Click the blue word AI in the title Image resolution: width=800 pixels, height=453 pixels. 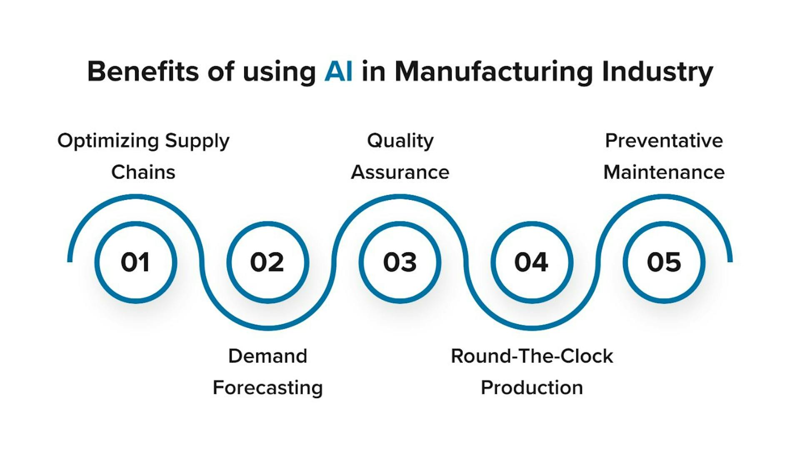click(x=338, y=72)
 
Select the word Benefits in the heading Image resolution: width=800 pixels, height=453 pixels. click(x=143, y=72)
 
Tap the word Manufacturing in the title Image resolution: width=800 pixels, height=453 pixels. click(x=494, y=72)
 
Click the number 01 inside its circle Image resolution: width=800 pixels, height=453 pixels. click(x=135, y=262)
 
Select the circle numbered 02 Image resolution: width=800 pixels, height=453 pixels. click(x=267, y=262)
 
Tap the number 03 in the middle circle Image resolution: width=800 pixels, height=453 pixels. click(x=400, y=262)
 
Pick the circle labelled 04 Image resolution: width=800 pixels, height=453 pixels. click(x=532, y=262)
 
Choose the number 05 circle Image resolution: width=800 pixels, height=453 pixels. click(x=664, y=262)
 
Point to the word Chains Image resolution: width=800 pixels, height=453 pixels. click(x=143, y=172)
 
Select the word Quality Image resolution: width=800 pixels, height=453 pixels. click(x=400, y=141)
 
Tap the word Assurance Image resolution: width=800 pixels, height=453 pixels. click(x=400, y=172)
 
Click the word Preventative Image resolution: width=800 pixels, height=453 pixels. click(x=664, y=141)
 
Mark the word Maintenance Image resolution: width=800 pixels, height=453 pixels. click(x=664, y=172)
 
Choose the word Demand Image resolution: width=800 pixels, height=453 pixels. click(x=267, y=356)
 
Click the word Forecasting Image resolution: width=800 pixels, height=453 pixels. click(x=267, y=388)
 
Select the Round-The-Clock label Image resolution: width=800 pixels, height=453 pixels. click(x=532, y=356)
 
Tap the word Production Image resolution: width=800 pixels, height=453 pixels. click(x=532, y=388)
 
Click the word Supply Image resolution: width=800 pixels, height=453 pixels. click(x=197, y=141)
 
